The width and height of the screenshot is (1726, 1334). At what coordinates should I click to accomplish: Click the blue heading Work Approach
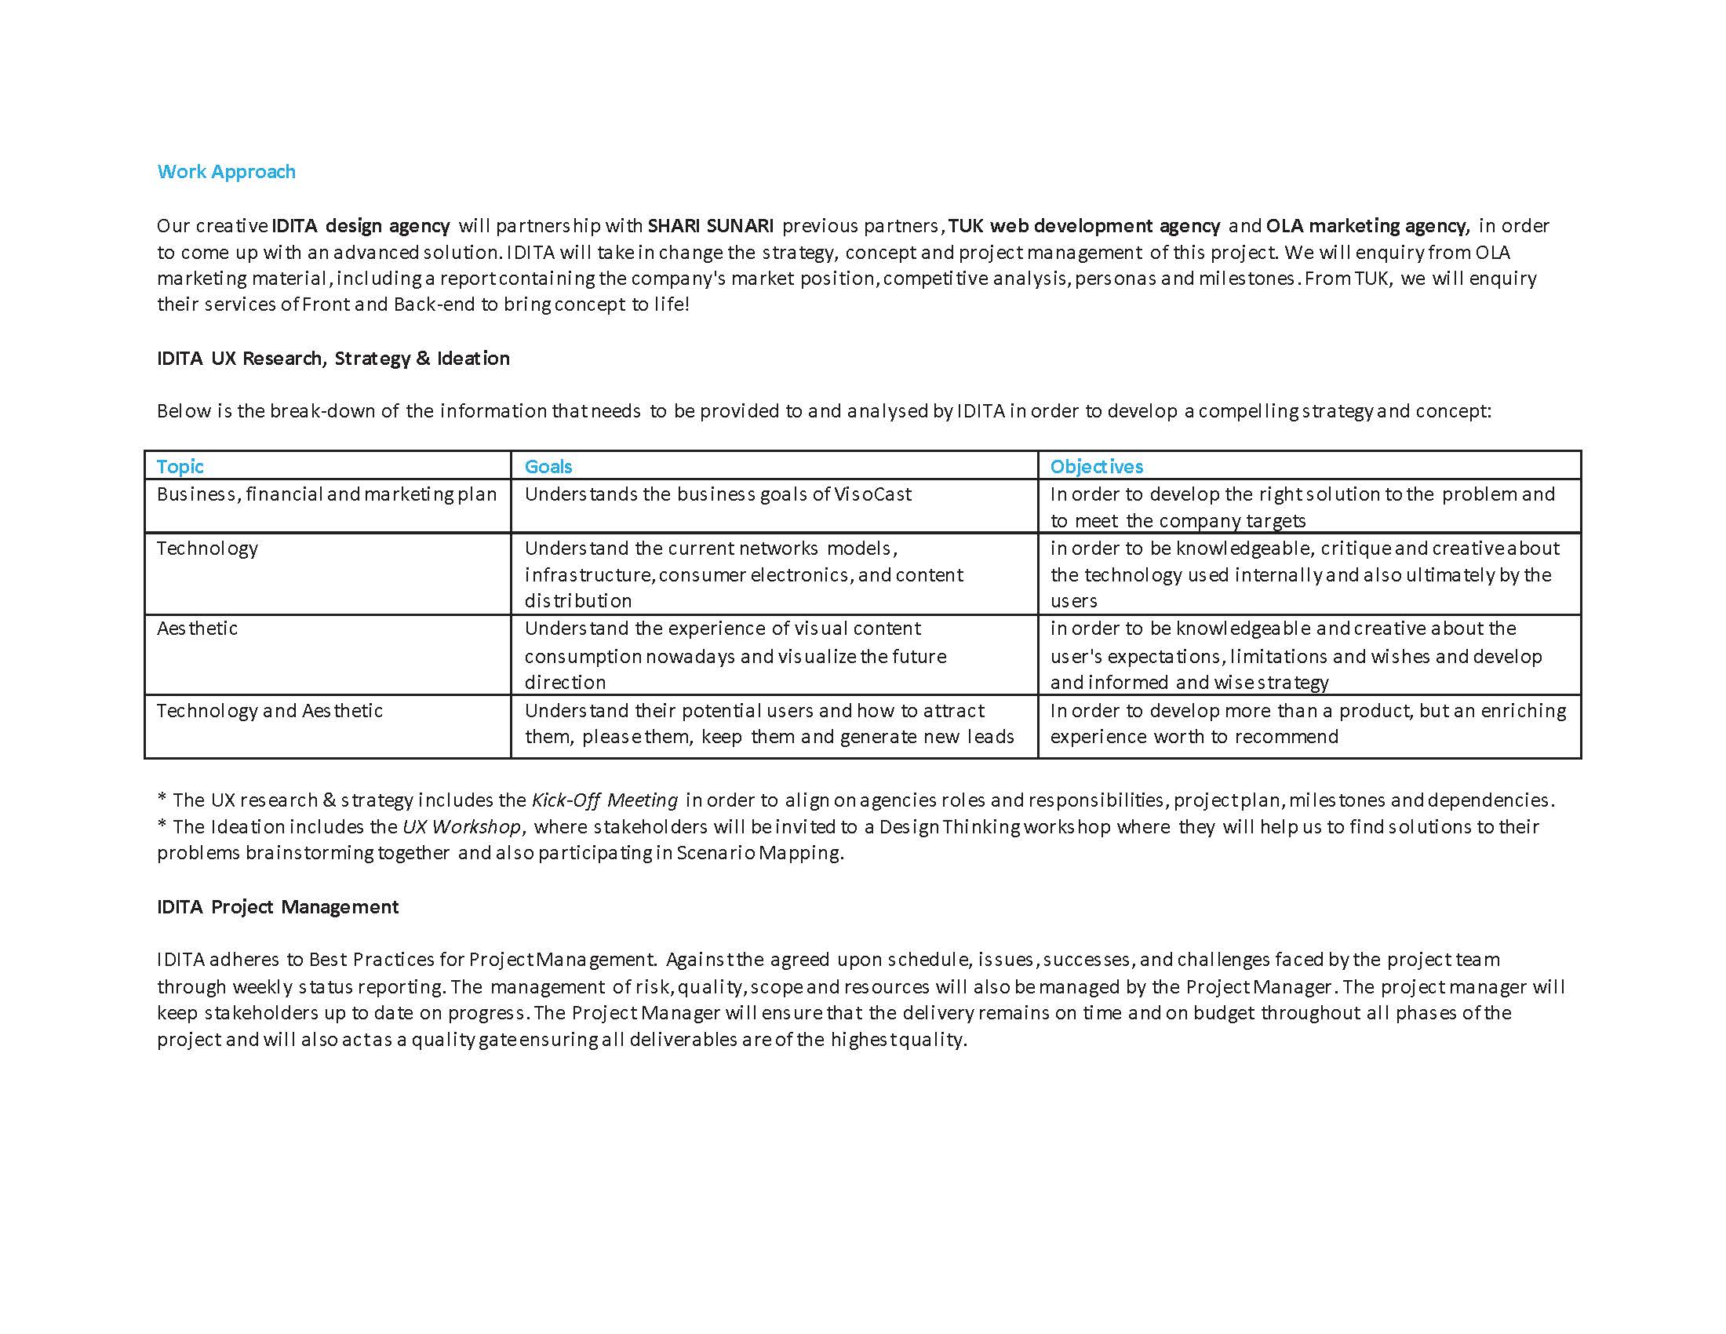point(226,172)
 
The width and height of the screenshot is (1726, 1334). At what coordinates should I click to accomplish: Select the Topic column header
point(180,466)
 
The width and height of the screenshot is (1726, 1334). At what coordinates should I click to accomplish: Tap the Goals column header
point(548,466)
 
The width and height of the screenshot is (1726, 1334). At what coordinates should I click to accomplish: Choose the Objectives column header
point(1096,466)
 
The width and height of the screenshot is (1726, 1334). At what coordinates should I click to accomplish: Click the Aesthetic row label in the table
point(197,629)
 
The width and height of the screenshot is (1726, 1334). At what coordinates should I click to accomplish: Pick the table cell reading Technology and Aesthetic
point(269,710)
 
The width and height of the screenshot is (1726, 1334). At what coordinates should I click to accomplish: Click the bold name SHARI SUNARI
point(711,226)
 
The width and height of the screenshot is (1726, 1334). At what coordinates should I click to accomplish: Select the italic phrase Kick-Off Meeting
point(605,800)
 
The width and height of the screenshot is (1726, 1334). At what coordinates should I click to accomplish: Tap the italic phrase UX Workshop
point(461,826)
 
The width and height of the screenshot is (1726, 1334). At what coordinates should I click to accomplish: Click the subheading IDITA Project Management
point(278,906)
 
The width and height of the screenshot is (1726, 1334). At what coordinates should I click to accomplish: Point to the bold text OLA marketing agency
point(1367,226)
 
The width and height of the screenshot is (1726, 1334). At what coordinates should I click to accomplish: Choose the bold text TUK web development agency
point(1084,226)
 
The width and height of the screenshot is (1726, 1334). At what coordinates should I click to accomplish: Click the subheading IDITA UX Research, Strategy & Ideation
point(333,358)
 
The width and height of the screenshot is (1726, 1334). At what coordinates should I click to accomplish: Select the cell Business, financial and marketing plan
point(326,494)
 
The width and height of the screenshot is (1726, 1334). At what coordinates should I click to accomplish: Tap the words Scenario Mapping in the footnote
point(759,853)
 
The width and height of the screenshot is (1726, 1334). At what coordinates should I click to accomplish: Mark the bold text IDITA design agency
point(360,226)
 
